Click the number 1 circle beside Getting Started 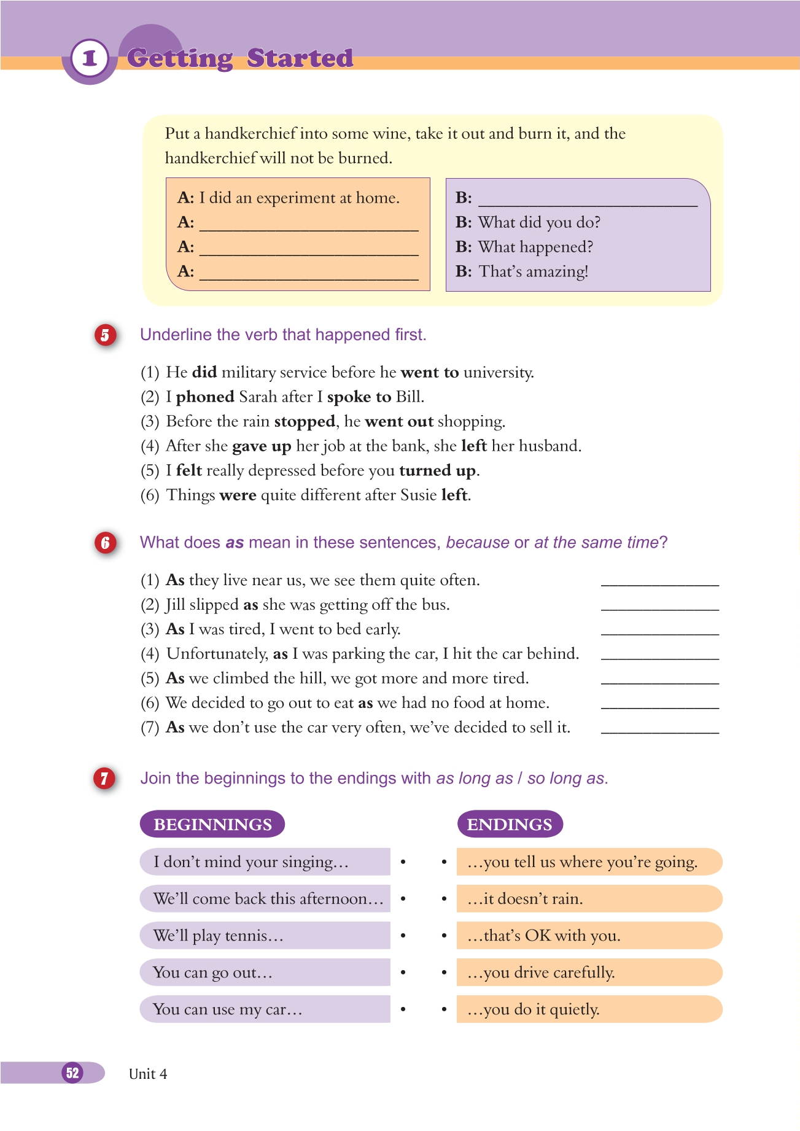(x=90, y=58)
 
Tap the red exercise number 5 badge (x=105, y=335)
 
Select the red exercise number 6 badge (x=105, y=543)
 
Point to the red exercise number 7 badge (x=104, y=779)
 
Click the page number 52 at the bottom (x=72, y=1073)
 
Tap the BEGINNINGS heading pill (x=212, y=824)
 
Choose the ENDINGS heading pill (x=510, y=824)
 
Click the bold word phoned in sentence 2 (x=205, y=397)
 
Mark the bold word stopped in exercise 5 (x=305, y=422)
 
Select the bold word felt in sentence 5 (x=189, y=471)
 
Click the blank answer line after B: (x=588, y=200)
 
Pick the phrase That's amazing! (x=534, y=271)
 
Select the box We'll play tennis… (x=265, y=936)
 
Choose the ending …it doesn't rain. (x=589, y=899)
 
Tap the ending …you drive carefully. (x=589, y=973)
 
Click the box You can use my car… (x=265, y=1009)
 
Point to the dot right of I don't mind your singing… (x=403, y=862)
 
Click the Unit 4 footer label (x=148, y=1074)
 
